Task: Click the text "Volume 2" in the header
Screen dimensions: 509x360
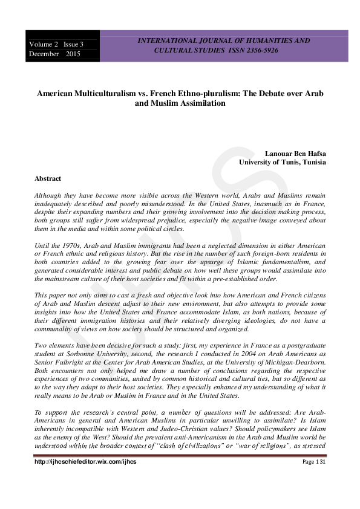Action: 42,44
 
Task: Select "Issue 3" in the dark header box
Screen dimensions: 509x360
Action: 74,44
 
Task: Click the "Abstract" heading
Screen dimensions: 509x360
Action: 48,179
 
